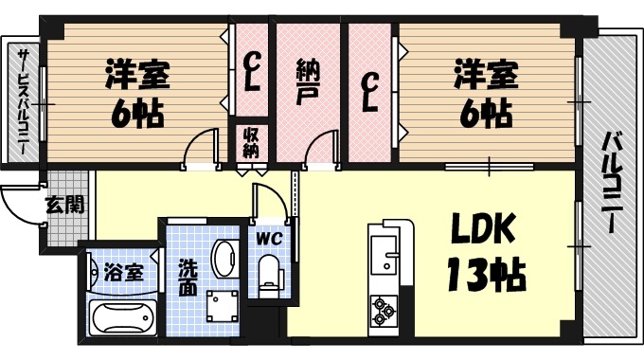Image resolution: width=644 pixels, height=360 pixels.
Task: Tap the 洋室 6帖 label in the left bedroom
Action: click(136, 93)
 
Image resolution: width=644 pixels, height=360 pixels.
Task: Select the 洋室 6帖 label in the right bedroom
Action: click(485, 93)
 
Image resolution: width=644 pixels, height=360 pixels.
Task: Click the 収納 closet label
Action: click(251, 142)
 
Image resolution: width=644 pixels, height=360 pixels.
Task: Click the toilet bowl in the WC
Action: click(271, 276)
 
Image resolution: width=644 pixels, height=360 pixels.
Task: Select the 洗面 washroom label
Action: click(188, 275)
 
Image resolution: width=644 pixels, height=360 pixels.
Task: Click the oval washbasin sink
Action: click(225, 257)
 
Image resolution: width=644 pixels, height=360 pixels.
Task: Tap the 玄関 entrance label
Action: click(63, 203)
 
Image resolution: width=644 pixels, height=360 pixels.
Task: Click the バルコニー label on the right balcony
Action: click(611, 185)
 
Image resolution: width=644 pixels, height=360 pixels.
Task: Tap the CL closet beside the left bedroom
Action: click(251, 71)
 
